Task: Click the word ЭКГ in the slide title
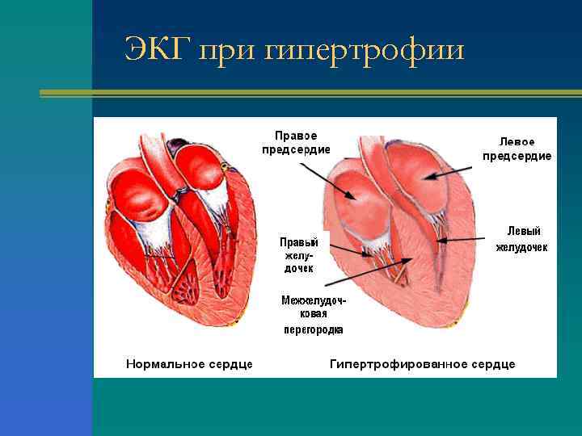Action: pos(158,50)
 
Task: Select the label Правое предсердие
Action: pos(296,143)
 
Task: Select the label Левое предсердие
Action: pos(517,149)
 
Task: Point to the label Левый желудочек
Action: pos(521,239)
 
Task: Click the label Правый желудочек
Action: pos(298,254)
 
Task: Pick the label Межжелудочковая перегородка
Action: pos(313,314)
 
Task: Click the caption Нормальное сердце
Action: pos(189,364)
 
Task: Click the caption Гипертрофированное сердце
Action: pos(422,364)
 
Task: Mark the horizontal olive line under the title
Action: pos(310,93)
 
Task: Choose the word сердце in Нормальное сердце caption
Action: pos(231,364)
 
